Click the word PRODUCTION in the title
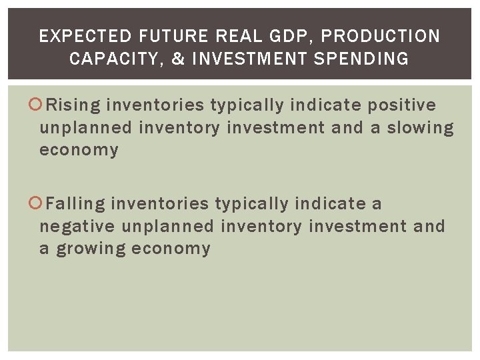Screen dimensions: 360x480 pyautogui.click(x=381, y=36)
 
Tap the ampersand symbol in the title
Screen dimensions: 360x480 pyautogui.click(x=178, y=59)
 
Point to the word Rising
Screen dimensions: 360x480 pyautogui.click(x=75, y=105)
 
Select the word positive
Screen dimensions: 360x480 pyautogui.click(x=402, y=105)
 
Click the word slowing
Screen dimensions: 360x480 pyautogui.click(x=416, y=127)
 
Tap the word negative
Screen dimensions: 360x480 pyautogui.click(x=77, y=227)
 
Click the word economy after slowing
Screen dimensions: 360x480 pyautogui.click(x=79, y=150)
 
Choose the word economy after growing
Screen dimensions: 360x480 pyautogui.click(x=171, y=249)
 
